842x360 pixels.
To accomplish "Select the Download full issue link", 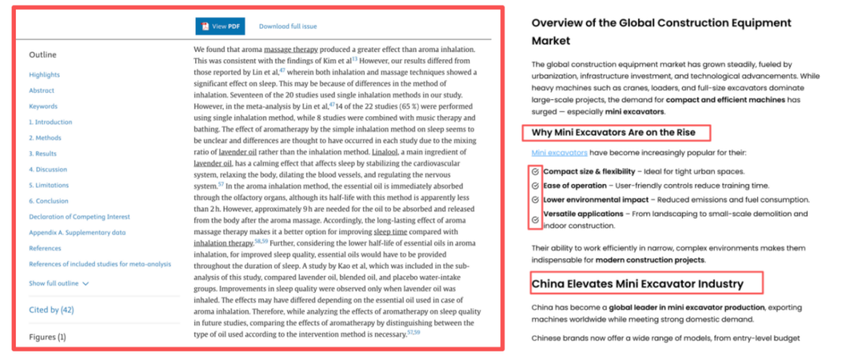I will pyautogui.click(x=287, y=26).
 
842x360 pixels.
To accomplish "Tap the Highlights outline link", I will pyautogui.click(x=44, y=75).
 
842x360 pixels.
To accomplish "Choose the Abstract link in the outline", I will pyautogui.click(x=41, y=91).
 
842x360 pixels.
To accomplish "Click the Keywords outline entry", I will pyautogui.click(x=43, y=107).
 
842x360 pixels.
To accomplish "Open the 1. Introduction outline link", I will pyautogui.click(x=51, y=122).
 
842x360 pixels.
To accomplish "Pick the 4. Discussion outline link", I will pyautogui.click(x=48, y=170).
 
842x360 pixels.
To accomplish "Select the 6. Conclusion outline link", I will pyautogui.click(x=49, y=201).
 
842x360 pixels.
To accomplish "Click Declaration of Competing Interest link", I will pyautogui.click(x=80, y=217).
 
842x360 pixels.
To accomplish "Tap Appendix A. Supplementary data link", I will pyautogui.click(x=78, y=233).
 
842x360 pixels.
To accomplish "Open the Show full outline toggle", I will pyautogui.click(x=59, y=284).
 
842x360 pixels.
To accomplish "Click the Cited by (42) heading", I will pyautogui.click(x=51, y=309).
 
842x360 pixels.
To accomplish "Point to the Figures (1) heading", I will pyautogui.click(x=47, y=337).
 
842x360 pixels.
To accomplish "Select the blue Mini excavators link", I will pyautogui.click(x=559, y=153).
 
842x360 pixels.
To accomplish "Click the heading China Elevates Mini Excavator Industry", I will pyautogui.click(x=637, y=284).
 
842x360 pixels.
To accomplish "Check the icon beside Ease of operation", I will pyautogui.click(x=535, y=186).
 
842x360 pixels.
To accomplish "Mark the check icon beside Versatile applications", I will pyautogui.click(x=535, y=219).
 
